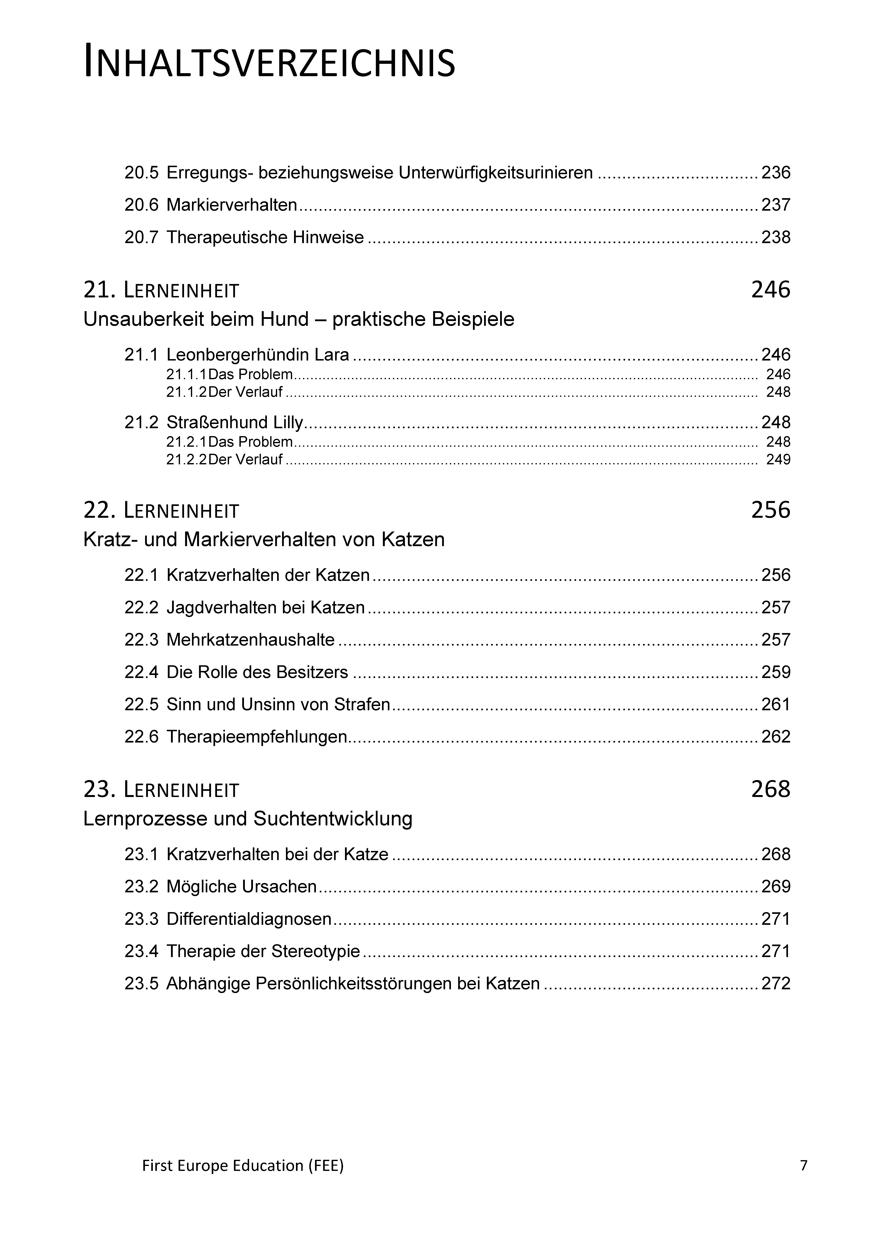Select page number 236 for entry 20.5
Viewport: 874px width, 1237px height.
coord(775,173)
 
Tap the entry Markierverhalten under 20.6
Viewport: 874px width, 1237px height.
coord(232,205)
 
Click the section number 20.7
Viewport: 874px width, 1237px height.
coord(141,238)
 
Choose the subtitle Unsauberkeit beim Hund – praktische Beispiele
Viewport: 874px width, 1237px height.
coord(298,319)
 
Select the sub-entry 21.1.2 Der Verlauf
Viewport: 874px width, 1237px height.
coord(224,392)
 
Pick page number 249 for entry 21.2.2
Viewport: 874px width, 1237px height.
coord(778,460)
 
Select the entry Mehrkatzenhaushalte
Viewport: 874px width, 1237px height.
coord(250,640)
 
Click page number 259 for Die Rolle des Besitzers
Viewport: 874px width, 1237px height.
coord(775,672)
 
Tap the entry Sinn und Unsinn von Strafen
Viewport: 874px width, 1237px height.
coord(278,705)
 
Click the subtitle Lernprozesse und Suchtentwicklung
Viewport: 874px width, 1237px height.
coord(248,819)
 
